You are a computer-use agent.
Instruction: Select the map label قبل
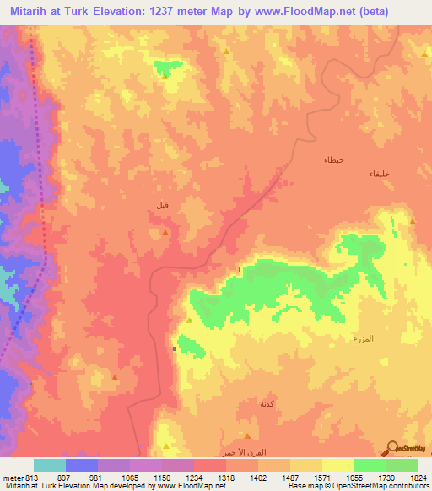pos(161,205)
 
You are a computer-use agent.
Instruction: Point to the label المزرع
pos(362,338)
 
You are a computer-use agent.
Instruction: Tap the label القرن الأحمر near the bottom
pos(237,453)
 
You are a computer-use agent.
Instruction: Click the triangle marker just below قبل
pos(165,232)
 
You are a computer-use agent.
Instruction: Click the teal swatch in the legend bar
pos(50,465)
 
